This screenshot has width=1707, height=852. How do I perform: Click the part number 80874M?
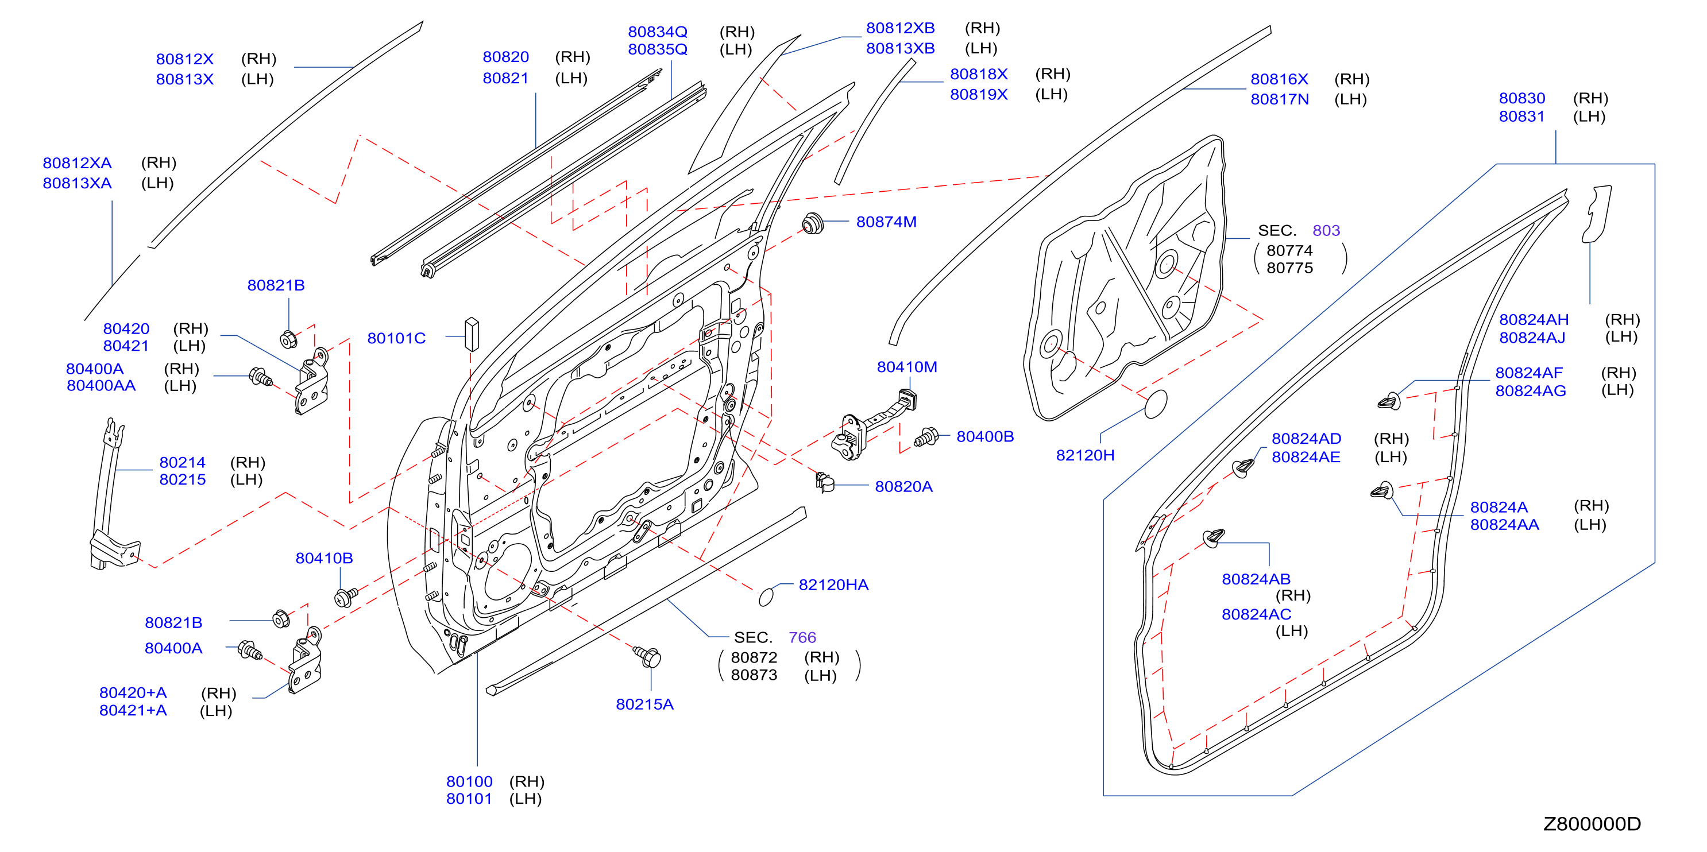click(x=886, y=222)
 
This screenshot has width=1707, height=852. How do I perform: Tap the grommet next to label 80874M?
click(x=812, y=223)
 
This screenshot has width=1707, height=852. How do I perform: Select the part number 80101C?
click(x=396, y=339)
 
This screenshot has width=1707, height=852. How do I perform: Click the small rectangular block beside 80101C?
click(x=472, y=335)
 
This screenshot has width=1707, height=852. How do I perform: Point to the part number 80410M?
click(x=906, y=367)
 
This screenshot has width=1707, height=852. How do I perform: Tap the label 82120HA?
click(x=833, y=585)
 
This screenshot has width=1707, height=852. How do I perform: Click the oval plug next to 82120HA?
click(x=766, y=597)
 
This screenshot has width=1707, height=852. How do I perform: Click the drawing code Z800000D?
click(x=1592, y=824)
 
